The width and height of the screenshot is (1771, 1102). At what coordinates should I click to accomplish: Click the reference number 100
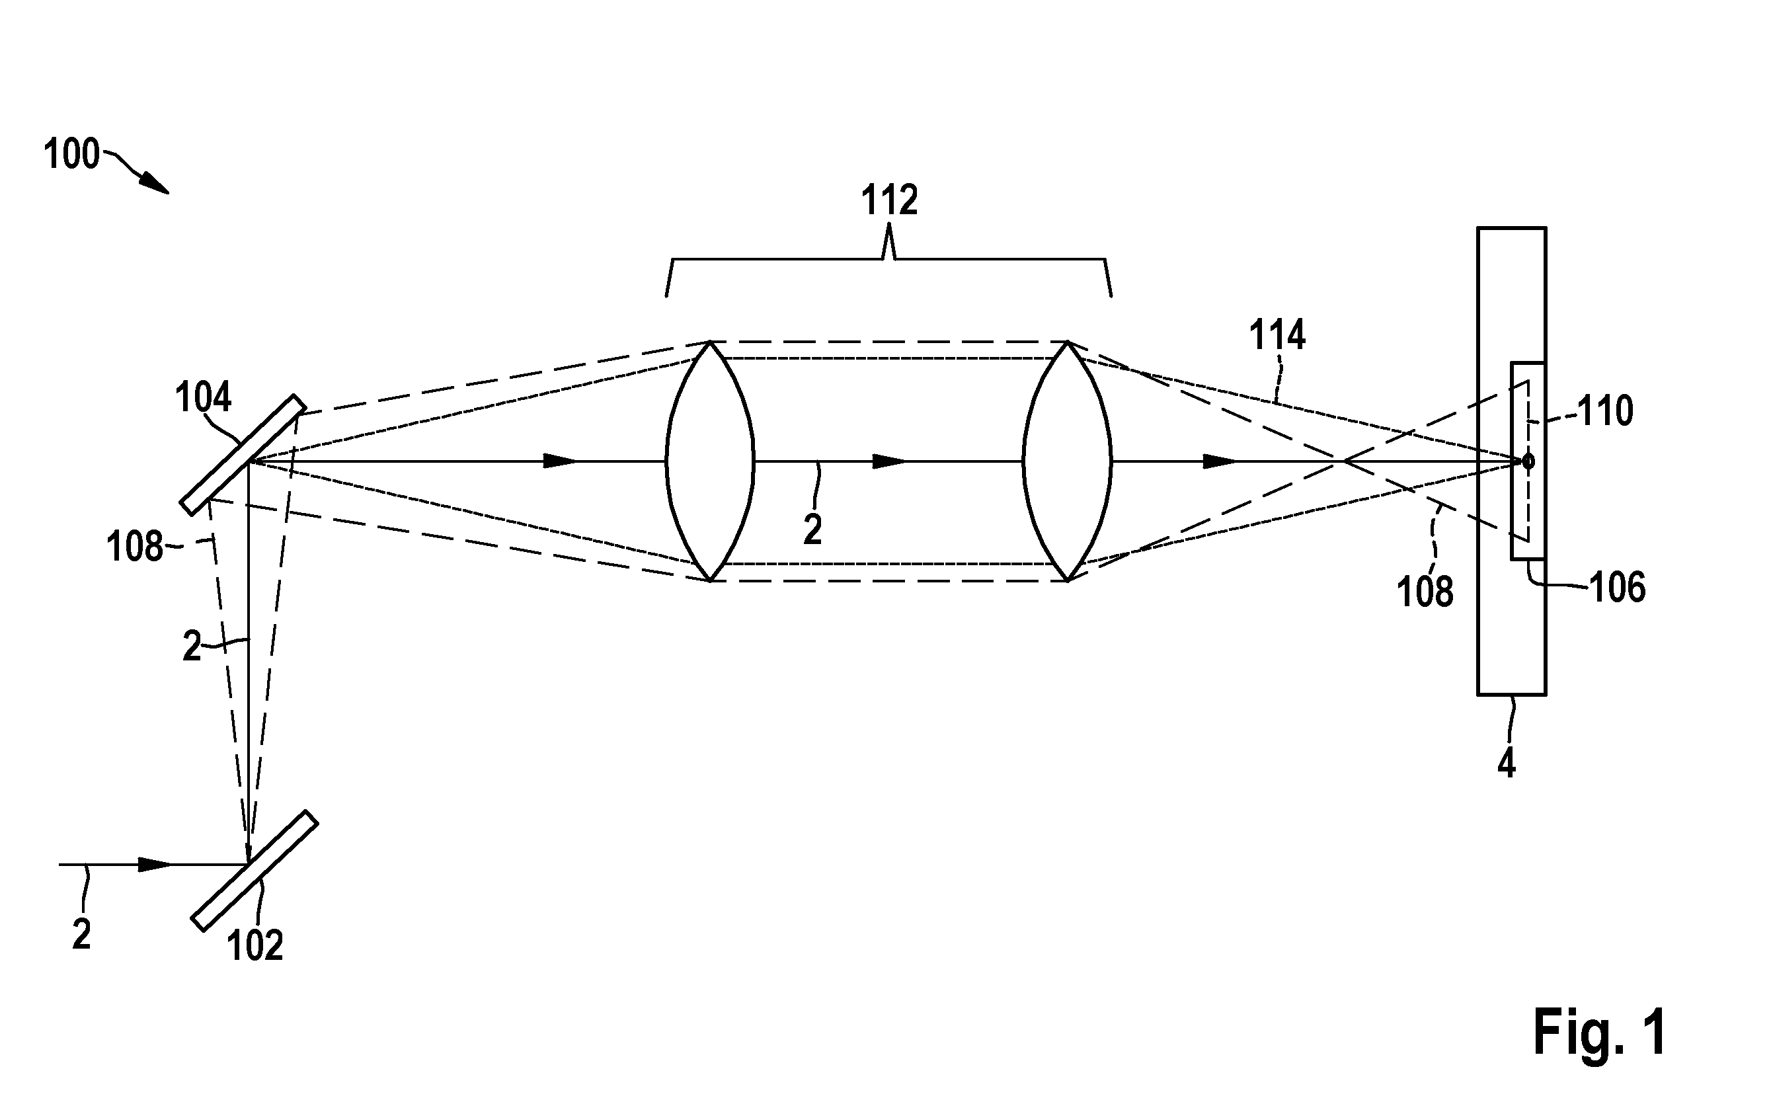(71, 155)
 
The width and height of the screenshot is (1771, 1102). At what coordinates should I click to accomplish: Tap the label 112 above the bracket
(889, 200)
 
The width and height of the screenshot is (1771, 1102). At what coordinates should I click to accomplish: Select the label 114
(1277, 335)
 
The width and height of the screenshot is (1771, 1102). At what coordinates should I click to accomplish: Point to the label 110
(1605, 411)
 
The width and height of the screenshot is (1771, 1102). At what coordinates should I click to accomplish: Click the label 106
(1617, 588)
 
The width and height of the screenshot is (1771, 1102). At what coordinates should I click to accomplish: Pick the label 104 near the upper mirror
(202, 397)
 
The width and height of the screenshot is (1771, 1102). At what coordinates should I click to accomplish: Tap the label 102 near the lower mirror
(255, 945)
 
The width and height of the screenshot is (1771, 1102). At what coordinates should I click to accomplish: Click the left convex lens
(710, 461)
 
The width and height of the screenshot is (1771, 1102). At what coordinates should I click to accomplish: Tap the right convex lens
(1067, 461)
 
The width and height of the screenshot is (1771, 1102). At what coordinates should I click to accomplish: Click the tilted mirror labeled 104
(243, 455)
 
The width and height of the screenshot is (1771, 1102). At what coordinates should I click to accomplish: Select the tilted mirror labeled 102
(255, 871)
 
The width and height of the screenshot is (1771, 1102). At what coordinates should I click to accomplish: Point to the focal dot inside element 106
(1528, 461)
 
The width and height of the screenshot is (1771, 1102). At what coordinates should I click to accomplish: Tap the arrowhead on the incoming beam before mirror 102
(155, 865)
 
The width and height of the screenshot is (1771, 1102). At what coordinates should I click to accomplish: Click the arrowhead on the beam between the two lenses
(890, 461)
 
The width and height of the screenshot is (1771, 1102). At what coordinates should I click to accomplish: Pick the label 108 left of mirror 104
(134, 547)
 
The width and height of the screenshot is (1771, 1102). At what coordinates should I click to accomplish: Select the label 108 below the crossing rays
(1425, 591)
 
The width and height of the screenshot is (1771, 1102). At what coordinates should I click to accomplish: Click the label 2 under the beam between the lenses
(812, 530)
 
